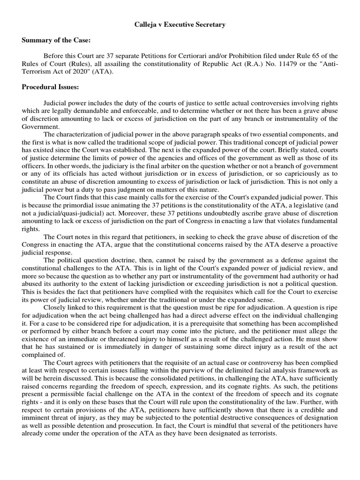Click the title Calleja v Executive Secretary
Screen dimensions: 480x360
(x=180, y=24)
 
